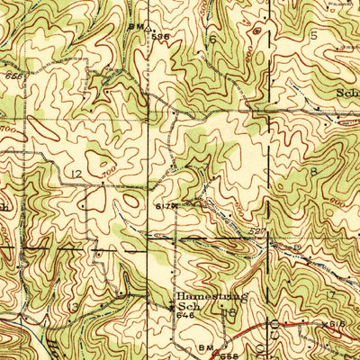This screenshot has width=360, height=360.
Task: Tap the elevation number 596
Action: coord(161,35)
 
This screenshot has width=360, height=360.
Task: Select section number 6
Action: coord(213,40)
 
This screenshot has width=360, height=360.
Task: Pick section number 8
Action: coord(314,171)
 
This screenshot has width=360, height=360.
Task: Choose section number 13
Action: coord(75,307)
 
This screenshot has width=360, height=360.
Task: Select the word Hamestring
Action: coord(210,294)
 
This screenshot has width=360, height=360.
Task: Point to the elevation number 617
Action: coord(161,206)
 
